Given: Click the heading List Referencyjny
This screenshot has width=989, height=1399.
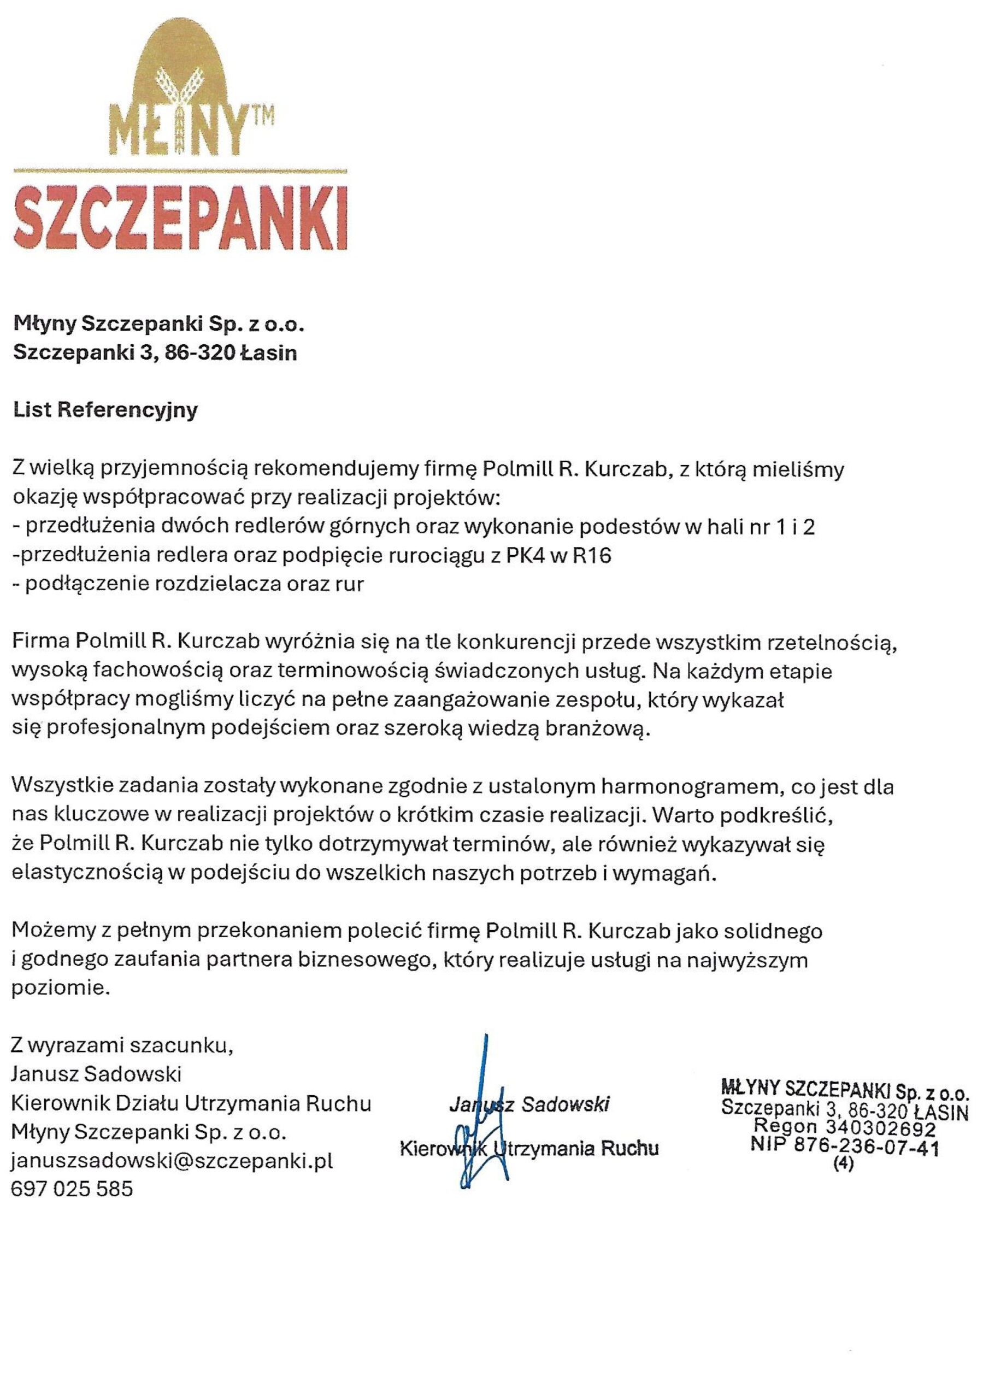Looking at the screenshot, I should point(105,409).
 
